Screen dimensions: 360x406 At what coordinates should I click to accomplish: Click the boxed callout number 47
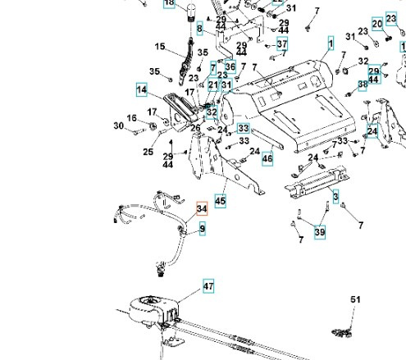pos(208,286)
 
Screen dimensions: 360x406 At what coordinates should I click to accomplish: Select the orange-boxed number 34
pos(202,209)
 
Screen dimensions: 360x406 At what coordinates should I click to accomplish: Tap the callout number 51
pos(355,301)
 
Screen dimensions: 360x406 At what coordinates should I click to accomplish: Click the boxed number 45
pos(220,199)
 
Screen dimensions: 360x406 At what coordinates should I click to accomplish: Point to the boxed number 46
pos(267,157)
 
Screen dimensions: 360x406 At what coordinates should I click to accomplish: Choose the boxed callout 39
pos(319,233)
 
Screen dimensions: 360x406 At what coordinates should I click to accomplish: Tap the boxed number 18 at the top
pos(170,3)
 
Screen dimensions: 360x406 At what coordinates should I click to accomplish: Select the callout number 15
pos(159,46)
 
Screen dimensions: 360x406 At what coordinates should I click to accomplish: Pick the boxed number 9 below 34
pos(202,229)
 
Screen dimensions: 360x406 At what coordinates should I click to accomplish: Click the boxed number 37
pos(281,43)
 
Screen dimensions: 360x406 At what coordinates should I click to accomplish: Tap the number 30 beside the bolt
pos(119,125)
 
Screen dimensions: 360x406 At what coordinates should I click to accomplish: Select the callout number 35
pos(155,72)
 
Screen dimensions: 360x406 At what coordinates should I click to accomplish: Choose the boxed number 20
pos(376,24)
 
